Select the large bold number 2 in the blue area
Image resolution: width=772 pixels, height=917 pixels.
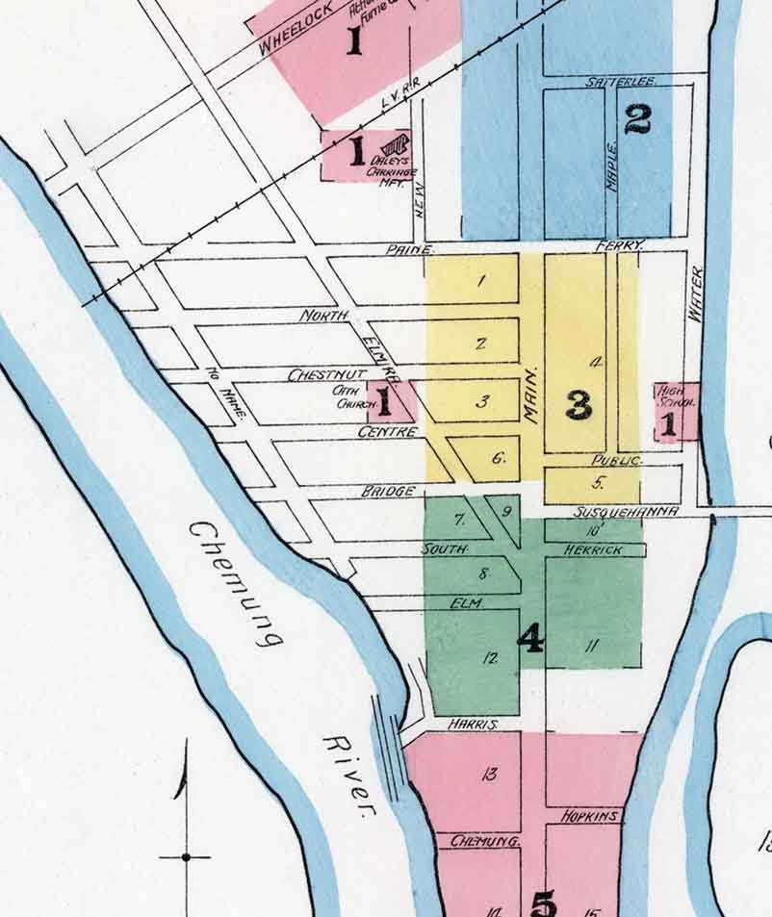coord(637,119)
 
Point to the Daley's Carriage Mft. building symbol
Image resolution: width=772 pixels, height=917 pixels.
coord(399,145)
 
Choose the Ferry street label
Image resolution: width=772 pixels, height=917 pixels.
coord(618,246)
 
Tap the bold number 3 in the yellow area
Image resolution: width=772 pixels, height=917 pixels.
coord(579,405)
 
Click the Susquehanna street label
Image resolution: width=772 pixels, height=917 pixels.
coord(627,512)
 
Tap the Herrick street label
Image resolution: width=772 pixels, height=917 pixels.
coord(593,549)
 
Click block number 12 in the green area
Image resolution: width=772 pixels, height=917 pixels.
coord(491,659)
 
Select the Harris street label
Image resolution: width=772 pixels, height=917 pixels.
coord(472,723)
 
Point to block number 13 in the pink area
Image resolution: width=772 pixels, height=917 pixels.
coord(489,774)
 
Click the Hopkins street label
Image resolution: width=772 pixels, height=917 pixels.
coord(589,816)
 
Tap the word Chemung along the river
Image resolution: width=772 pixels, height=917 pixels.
coord(237,583)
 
